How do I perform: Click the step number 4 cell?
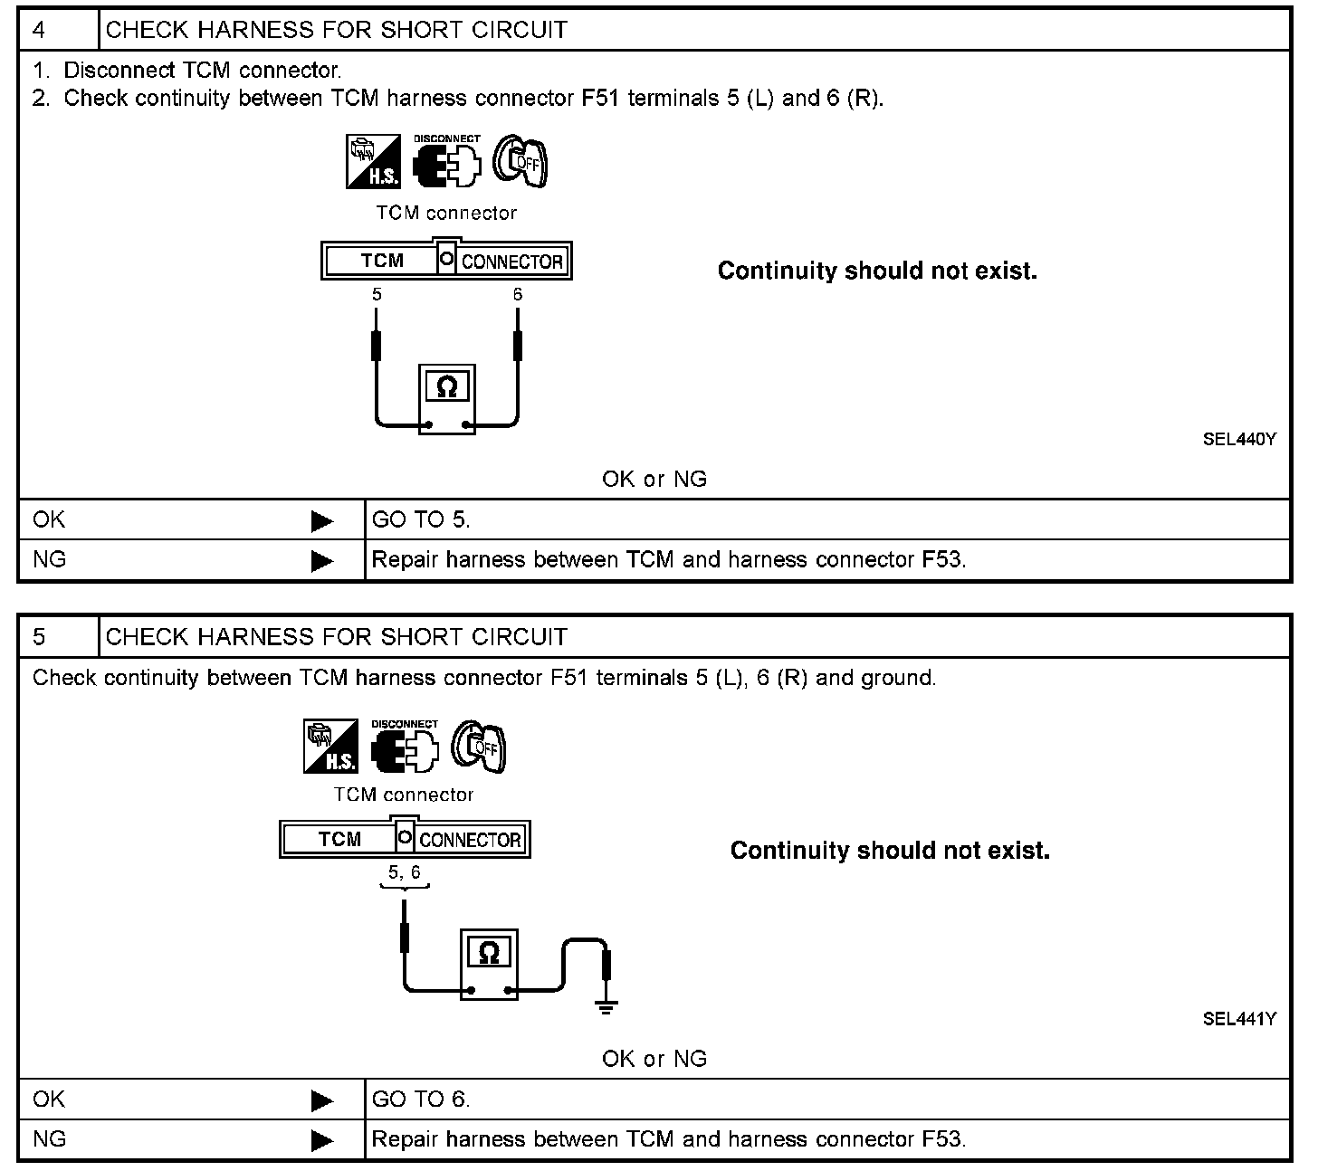pyautogui.click(x=58, y=30)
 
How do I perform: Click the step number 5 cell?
pyautogui.click(x=58, y=637)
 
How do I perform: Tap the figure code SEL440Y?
pyautogui.click(x=1239, y=440)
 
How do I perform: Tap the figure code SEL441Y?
pyautogui.click(x=1239, y=1019)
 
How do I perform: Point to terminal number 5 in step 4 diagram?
pyautogui.click(x=377, y=295)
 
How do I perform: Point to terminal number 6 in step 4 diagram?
pyautogui.click(x=518, y=295)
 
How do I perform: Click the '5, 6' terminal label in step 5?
pyautogui.click(x=405, y=873)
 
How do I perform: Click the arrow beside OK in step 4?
pyautogui.click(x=321, y=521)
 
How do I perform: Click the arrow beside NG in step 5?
pyautogui.click(x=321, y=1141)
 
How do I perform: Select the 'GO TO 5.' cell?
pyautogui.click(x=421, y=520)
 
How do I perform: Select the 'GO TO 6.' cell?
pyautogui.click(x=421, y=1100)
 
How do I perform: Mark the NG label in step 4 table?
pyautogui.click(x=50, y=560)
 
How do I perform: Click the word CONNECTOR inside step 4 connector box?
pyautogui.click(x=512, y=262)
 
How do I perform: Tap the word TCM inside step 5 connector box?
pyautogui.click(x=339, y=840)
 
